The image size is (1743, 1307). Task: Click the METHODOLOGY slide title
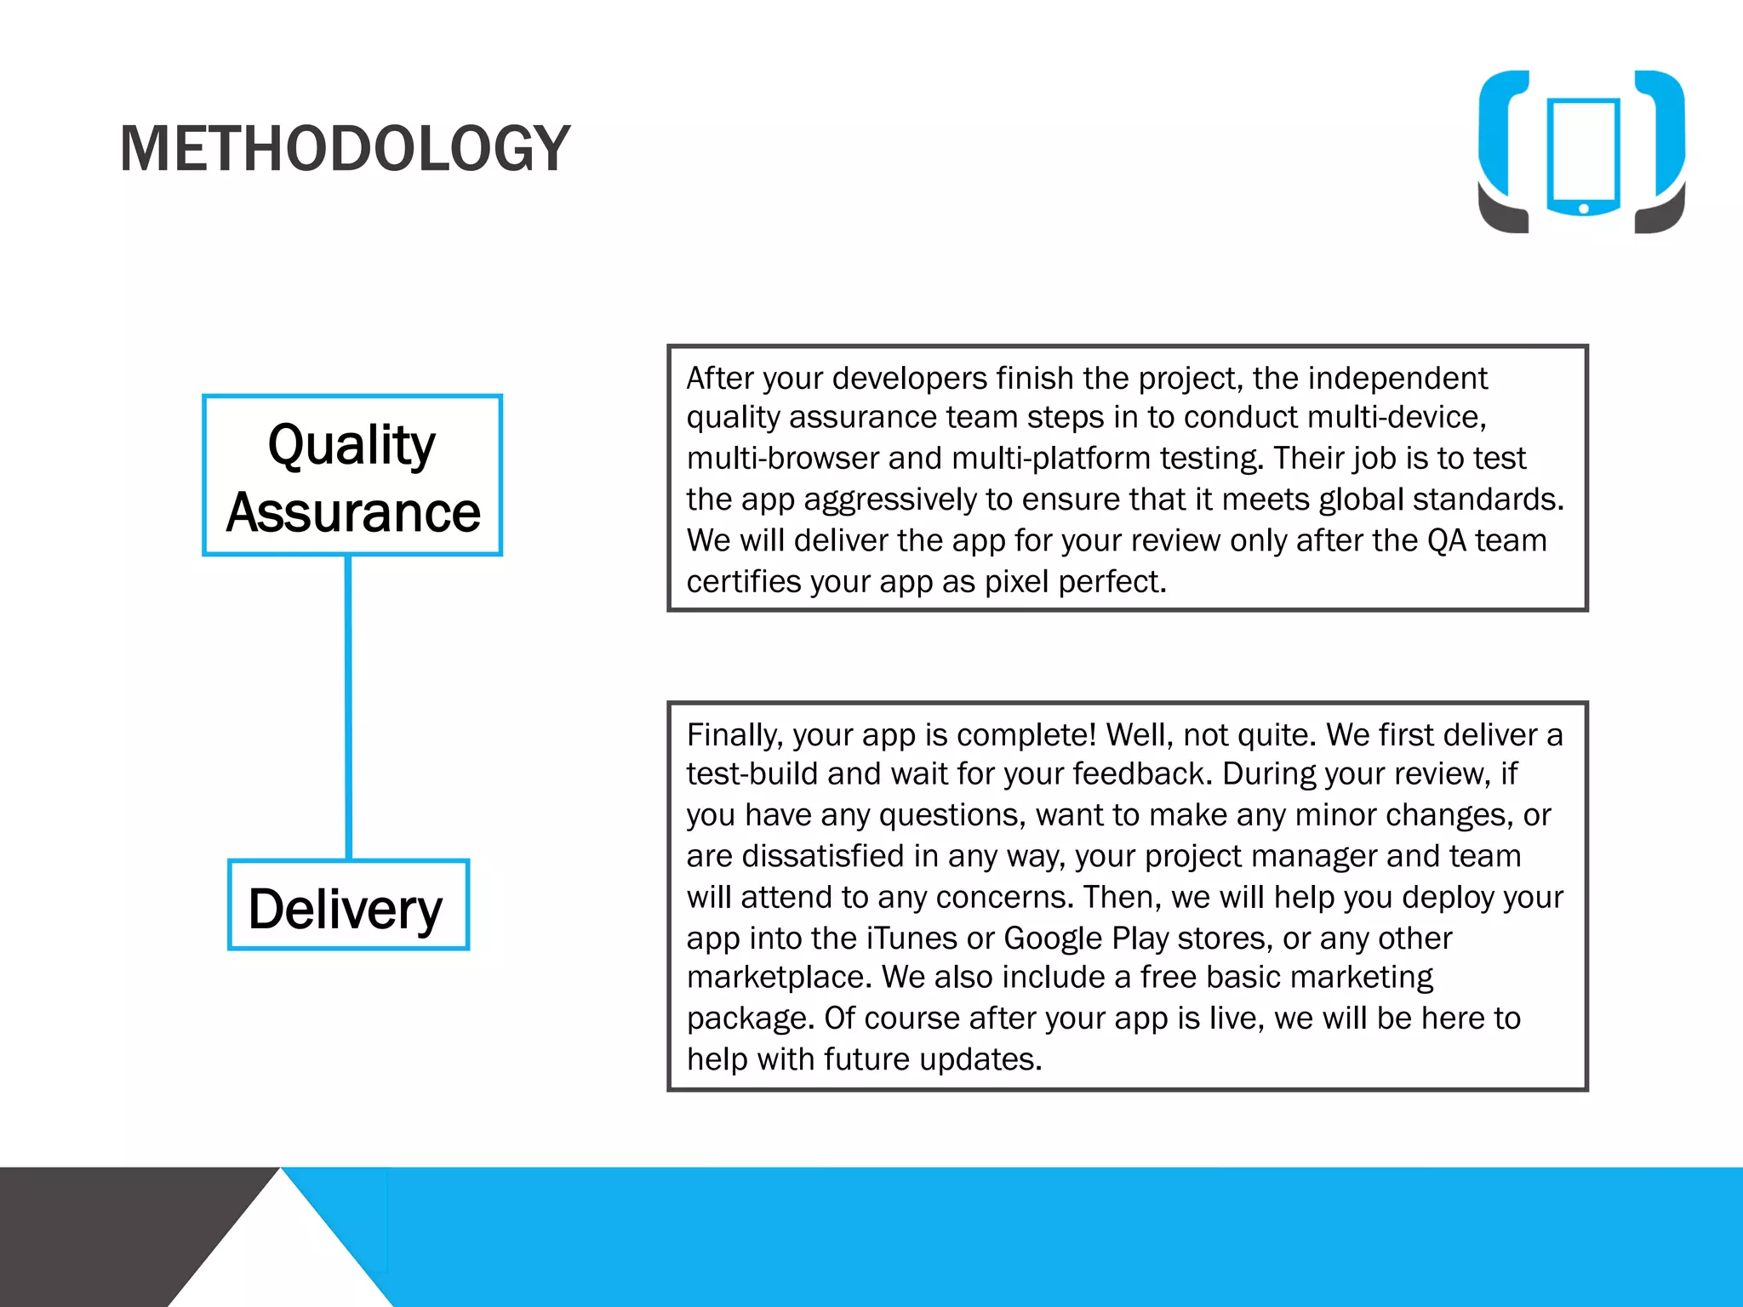[x=345, y=149]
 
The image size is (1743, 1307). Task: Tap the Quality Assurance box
[x=352, y=476]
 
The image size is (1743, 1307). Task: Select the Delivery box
[x=348, y=905]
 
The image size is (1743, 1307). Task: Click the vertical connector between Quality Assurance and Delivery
[x=348, y=706]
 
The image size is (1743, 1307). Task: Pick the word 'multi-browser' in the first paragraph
[x=782, y=459]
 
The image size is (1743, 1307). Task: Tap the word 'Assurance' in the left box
[x=353, y=512]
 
